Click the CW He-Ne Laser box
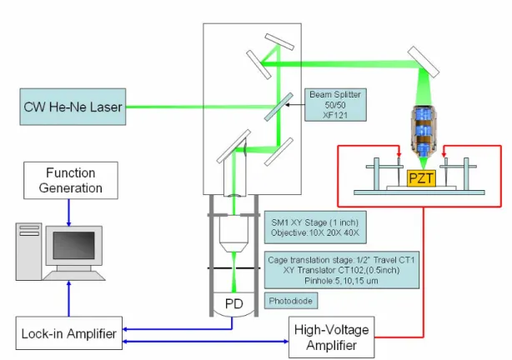[x=73, y=107]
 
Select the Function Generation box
[x=71, y=180]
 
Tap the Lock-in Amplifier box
[x=69, y=333]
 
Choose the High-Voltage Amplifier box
[x=331, y=337]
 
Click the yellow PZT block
[x=421, y=178]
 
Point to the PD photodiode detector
[x=234, y=304]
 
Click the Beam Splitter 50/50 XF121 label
[x=335, y=105]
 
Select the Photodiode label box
[x=291, y=301]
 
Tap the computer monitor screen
[x=73, y=246]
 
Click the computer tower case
[x=28, y=252]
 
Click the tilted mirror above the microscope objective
[x=424, y=62]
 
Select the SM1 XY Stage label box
[x=315, y=227]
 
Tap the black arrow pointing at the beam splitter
[x=295, y=105]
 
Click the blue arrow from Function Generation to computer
[x=69, y=212]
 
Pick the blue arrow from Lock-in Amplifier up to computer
[x=69, y=298]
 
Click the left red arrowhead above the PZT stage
[x=399, y=153]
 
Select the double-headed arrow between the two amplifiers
[x=205, y=342]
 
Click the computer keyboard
[x=73, y=276]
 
